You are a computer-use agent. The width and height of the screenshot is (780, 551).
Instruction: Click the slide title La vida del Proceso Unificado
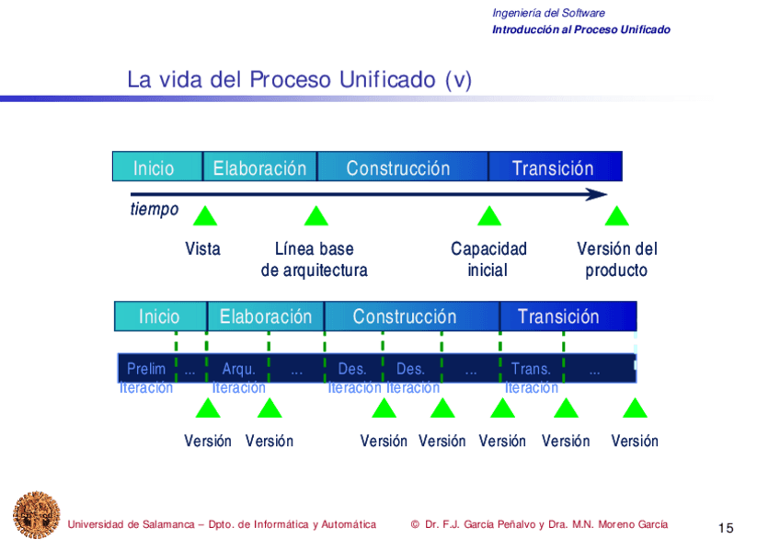(x=299, y=80)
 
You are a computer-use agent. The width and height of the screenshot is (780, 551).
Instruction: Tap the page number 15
(x=726, y=528)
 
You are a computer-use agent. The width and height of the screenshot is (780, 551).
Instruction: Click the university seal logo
(x=36, y=514)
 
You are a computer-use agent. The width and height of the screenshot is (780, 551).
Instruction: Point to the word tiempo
(x=155, y=210)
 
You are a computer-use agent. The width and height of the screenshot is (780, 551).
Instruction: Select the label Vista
(x=202, y=248)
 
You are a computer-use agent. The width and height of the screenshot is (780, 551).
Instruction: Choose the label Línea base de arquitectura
(x=315, y=259)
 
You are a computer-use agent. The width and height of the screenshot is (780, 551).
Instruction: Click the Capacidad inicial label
(x=488, y=259)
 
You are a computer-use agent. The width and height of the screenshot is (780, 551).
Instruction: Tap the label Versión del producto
(x=616, y=259)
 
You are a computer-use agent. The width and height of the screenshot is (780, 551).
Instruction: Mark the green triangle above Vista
(x=205, y=217)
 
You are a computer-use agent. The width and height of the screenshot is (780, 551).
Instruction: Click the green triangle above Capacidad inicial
(x=489, y=217)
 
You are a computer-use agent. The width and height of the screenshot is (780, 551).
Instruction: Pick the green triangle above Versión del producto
(x=616, y=217)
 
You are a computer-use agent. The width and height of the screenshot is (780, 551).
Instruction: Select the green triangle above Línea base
(x=316, y=217)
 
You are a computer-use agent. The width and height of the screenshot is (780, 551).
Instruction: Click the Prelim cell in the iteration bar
(x=146, y=369)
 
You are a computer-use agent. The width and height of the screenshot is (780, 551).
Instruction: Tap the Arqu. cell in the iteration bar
(x=238, y=369)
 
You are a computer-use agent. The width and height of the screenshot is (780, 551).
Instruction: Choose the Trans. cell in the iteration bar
(x=531, y=369)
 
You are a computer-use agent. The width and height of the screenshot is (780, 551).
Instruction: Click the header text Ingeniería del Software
(x=548, y=13)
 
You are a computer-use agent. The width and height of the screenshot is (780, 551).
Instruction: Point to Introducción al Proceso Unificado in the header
(x=580, y=29)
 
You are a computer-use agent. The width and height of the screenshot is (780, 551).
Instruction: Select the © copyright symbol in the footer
(x=415, y=524)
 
